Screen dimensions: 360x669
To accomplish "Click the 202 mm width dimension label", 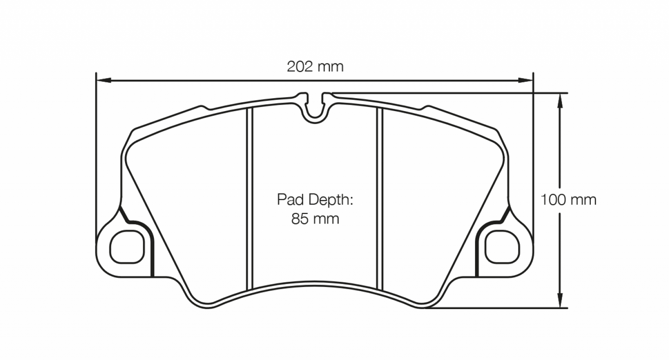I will point(315,67).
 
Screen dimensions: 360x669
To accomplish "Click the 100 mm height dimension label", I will point(569,200).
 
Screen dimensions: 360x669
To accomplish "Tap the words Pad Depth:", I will point(315,200).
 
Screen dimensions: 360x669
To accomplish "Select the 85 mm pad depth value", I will point(315,218).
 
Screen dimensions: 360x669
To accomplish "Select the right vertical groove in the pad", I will point(380,199).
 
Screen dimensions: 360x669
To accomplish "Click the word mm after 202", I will point(330,67).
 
